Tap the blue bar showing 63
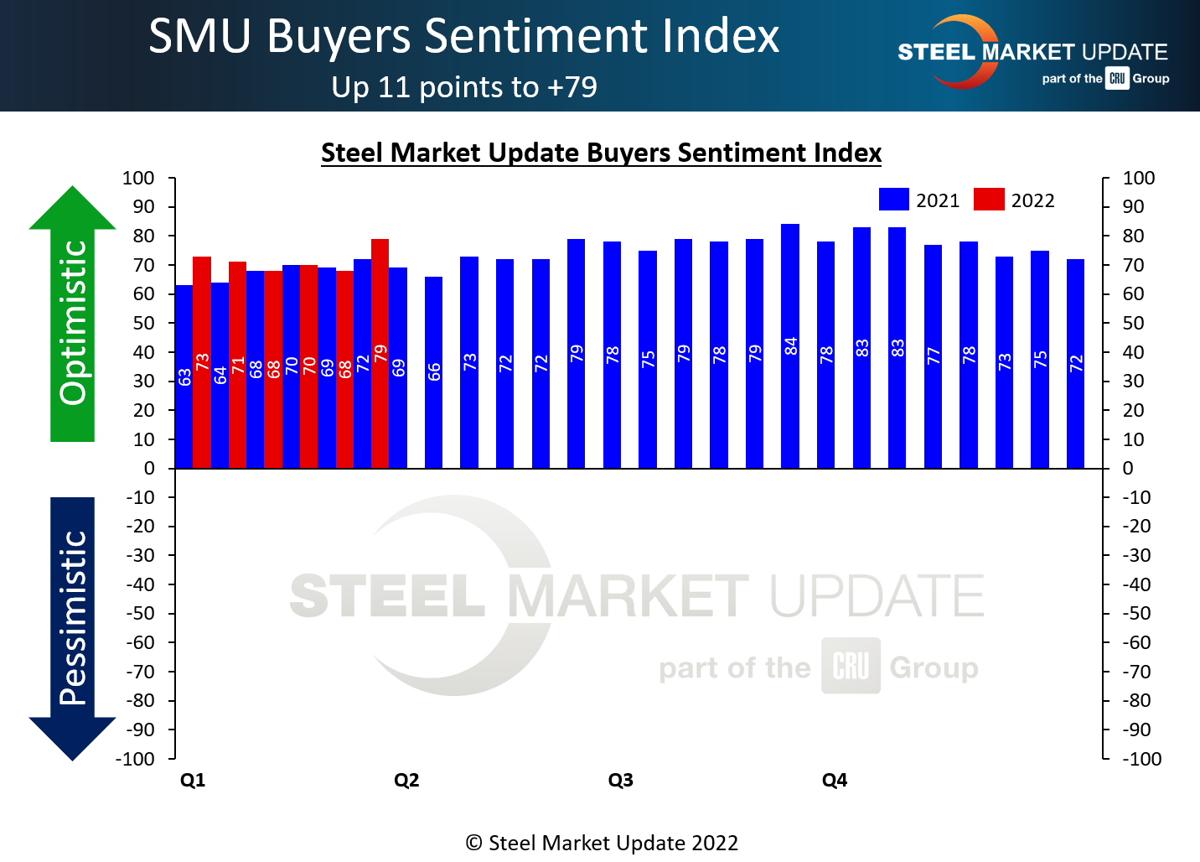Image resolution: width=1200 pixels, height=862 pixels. (x=184, y=376)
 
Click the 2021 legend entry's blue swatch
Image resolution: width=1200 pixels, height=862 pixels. (x=893, y=200)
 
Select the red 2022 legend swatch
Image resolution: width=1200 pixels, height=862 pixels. (x=989, y=200)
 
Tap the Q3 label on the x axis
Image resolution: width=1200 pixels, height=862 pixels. (x=620, y=781)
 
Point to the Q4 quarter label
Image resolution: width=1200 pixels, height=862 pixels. (x=835, y=781)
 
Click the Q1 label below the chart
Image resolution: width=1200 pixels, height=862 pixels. (x=193, y=781)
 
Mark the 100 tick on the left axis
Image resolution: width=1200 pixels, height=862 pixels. (x=138, y=178)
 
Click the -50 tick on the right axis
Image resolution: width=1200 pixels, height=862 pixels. (x=1137, y=614)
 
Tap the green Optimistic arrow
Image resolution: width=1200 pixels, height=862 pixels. (x=73, y=319)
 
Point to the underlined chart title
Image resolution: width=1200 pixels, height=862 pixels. (x=601, y=153)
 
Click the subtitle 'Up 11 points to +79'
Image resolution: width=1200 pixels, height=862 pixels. (x=464, y=87)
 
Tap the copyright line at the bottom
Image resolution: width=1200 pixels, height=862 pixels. (x=602, y=843)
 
